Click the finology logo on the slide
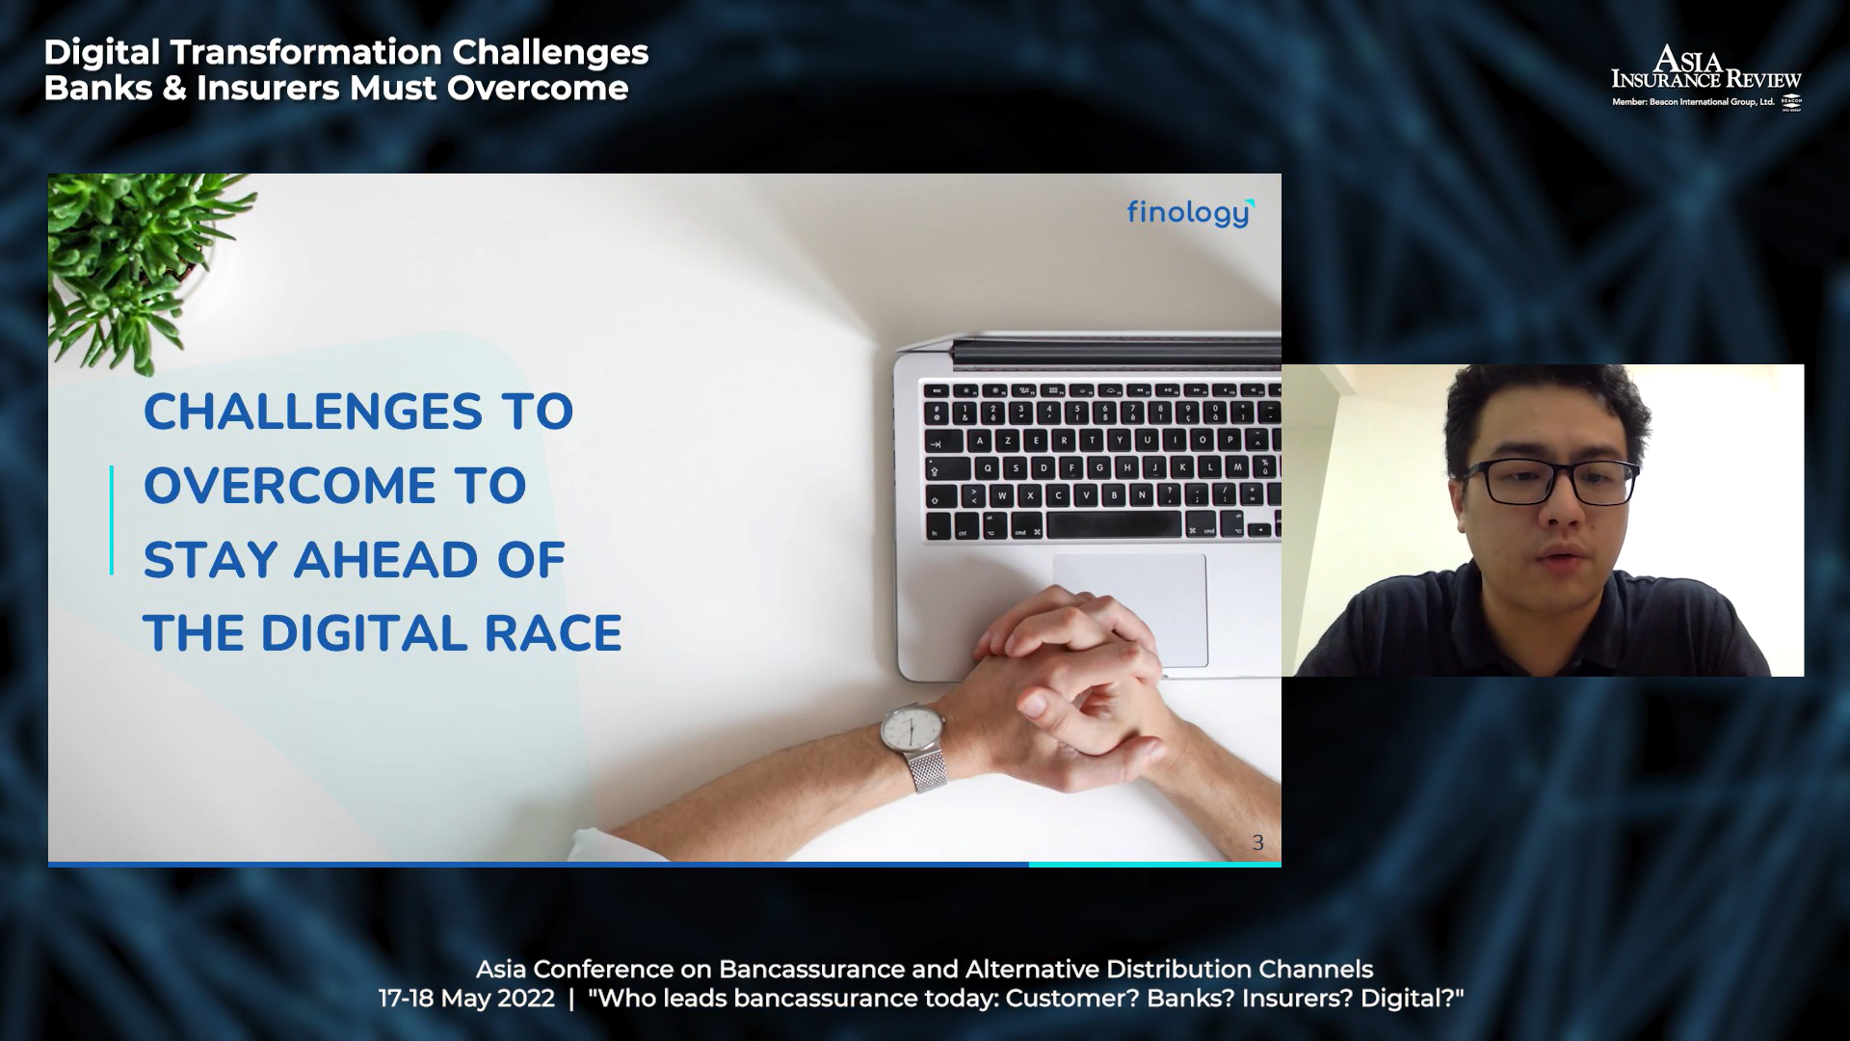pyautogui.click(x=1191, y=213)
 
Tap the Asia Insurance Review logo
pyautogui.click(x=1705, y=77)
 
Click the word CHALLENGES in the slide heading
pyautogui.click(x=313, y=412)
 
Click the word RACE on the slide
pyautogui.click(x=553, y=633)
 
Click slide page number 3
pyautogui.click(x=1257, y=842)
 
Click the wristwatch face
pyautogui.click(x=911, y=728)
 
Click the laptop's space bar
pyautogui.click(x=1114, y=525)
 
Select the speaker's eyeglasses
pyautogui.click(x=1549, y=482)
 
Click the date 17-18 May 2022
pyautogui.click(x=466, y=999)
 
